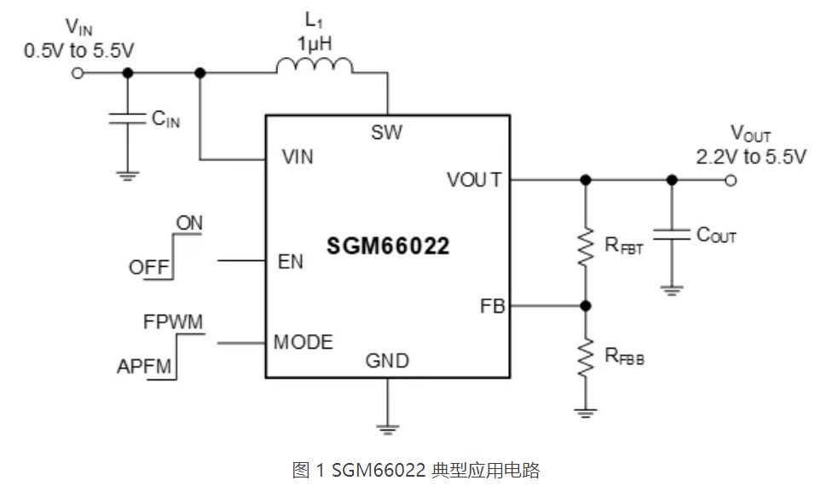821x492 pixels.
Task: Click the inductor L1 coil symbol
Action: pos(314,67)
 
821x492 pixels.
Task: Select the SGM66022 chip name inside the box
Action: pos(388,247)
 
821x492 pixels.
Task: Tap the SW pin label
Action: pos(386,132)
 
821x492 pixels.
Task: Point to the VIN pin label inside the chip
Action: pos(297,158)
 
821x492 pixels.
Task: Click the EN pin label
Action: pos(290,261)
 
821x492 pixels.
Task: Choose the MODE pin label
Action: pos(303,342)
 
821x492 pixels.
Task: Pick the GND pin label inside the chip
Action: pos(387,361)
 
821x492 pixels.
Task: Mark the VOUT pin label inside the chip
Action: pos(474,180)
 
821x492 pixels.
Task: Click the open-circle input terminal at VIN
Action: pos(78,73)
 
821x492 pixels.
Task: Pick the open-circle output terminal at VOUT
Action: pos(730,180)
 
